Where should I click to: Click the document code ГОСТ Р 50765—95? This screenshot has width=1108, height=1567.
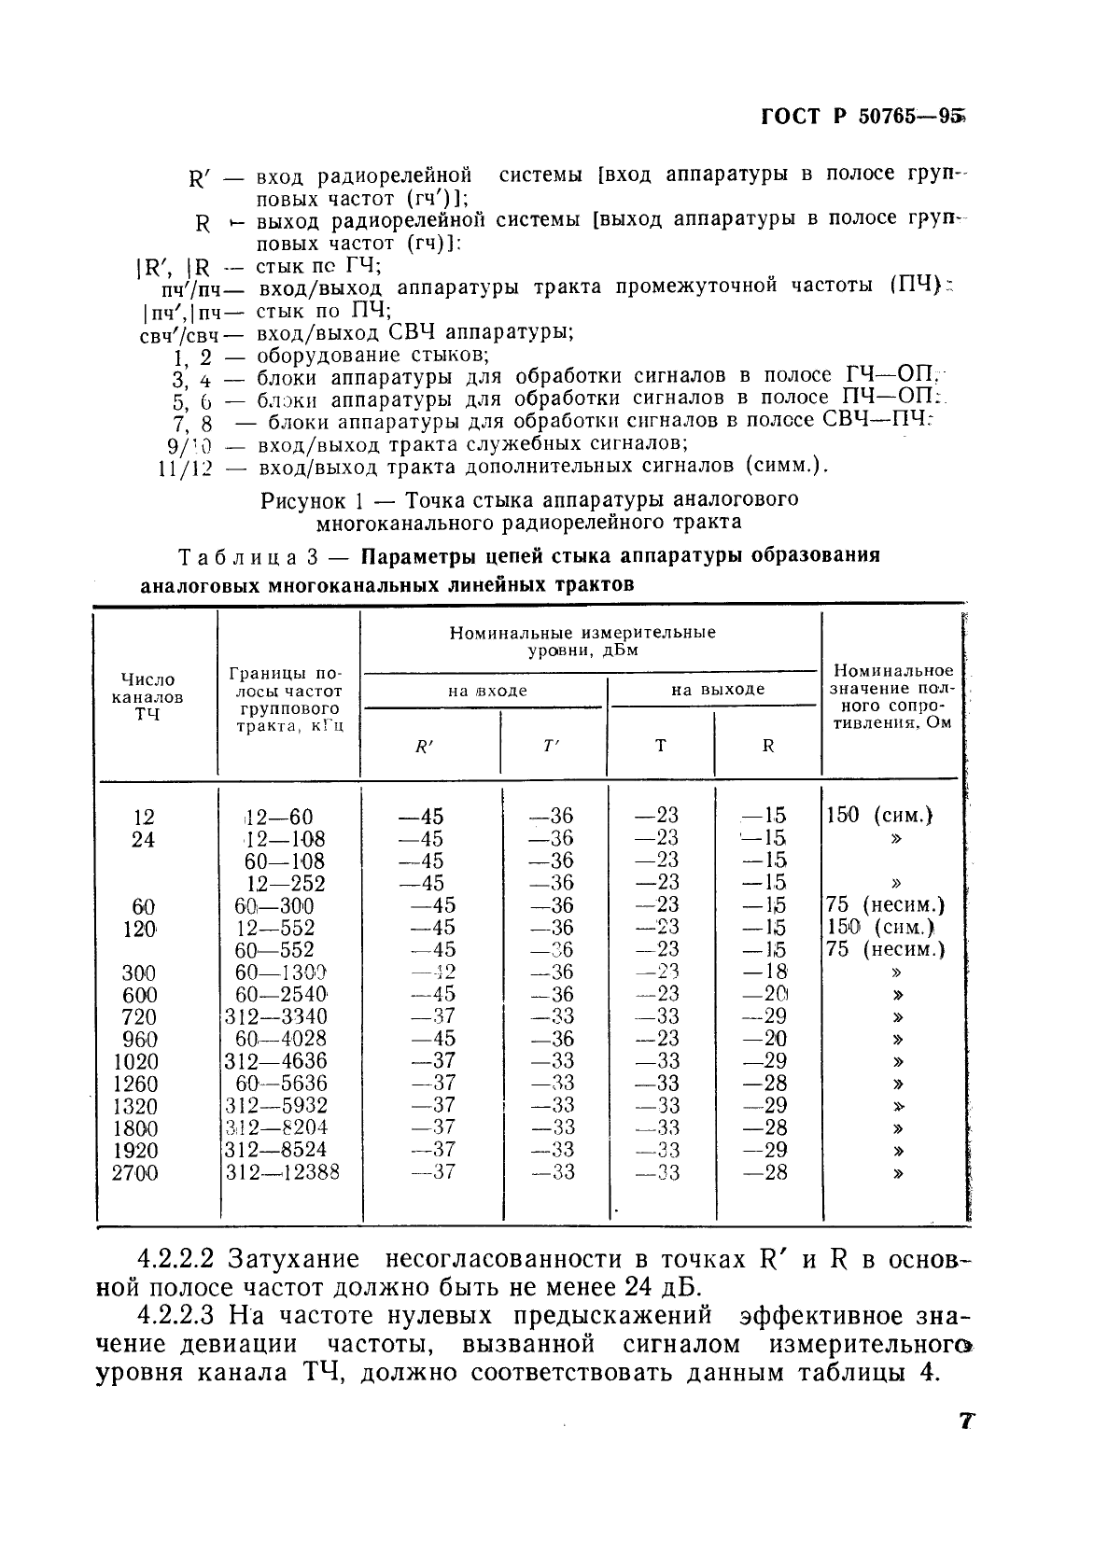click(862, 117)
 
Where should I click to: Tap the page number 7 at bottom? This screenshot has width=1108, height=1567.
click(966, 1422)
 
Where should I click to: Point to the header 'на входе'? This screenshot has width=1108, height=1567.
click(486, 691)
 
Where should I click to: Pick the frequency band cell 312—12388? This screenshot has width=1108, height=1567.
click(282, 1172)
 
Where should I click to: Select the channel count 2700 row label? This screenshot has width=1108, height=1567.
click(135, 1173)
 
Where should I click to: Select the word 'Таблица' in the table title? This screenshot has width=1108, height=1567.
click(237, 557)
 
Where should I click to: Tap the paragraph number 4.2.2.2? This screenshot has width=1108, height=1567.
click(176, 1259)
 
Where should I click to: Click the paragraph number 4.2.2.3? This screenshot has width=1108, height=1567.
click(176, 1317)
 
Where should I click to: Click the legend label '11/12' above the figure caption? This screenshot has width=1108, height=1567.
click(186, 468)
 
